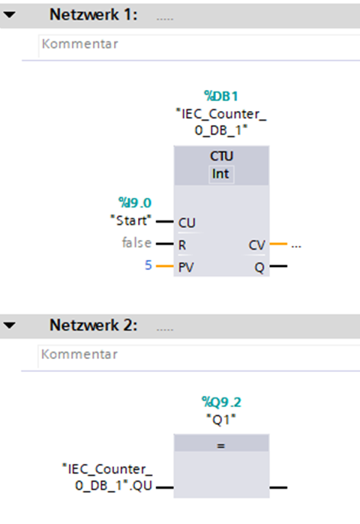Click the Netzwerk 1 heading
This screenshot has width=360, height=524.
click(93, 15)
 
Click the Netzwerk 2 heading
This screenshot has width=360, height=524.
click(93, 325)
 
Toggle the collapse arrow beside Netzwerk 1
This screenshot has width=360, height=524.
click(9, 15)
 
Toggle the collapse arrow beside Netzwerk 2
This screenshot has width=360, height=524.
click(9, 325)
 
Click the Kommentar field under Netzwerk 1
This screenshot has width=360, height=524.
click(199, 45)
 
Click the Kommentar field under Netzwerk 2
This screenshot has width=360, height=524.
click(199, 355)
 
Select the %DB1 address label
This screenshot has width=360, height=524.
click(221, 96)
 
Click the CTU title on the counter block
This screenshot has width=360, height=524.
click(221, 156)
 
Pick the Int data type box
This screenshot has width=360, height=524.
click(221, 174)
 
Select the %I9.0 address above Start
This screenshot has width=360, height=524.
click(135, 203)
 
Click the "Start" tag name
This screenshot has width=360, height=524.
click(131, 220)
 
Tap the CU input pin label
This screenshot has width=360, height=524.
click(187, 223)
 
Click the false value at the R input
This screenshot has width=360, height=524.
click(136, 243)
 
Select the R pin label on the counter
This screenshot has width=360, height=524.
click(182, 245)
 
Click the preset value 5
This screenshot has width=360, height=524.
click(148, 265)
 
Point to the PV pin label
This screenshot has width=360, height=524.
click(186, 268)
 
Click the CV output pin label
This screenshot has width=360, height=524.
click(256, 245)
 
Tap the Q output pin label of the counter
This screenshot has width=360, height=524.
click(259, 268)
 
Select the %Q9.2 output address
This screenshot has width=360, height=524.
click(221, 402)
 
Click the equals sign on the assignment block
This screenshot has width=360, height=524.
click(221, 446)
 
